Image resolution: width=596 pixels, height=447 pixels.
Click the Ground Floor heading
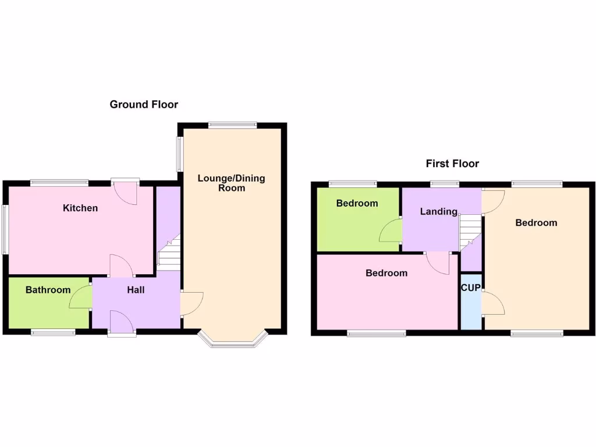pyautogui.click(x=144, y=105)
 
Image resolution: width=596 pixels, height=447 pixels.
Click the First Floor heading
pyautogui.click(x=452, y=164)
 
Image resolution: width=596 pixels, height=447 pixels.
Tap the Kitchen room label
pyautogui.click(x=80, y=208)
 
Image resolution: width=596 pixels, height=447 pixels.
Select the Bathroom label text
pyautogui.click(x=48, y=290)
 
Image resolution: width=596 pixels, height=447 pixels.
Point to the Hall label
pyautogui.click(x=136, y=290)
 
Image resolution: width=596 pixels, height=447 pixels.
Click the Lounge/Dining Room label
pyautogui.click(x=231, y=183)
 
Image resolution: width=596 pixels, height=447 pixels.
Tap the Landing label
pyautogui.click(x=438, y=211)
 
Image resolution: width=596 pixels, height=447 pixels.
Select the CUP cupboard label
pyautogui.click(x=470, y=288)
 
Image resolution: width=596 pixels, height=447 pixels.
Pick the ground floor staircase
pyautogui.click(x=169, y=256)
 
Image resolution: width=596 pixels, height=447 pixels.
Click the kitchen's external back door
pyautogui.click(x=125, y=192)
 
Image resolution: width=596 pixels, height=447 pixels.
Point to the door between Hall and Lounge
pyautogui.click(x=192, y=303)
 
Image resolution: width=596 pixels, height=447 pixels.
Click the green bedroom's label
pyautogui.click(x=357, y=204)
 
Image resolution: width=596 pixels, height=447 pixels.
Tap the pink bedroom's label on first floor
pyautogui.click(x=386, y=273)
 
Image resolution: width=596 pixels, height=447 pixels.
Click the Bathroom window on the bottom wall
pyautogui.click(x=53, y=332)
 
